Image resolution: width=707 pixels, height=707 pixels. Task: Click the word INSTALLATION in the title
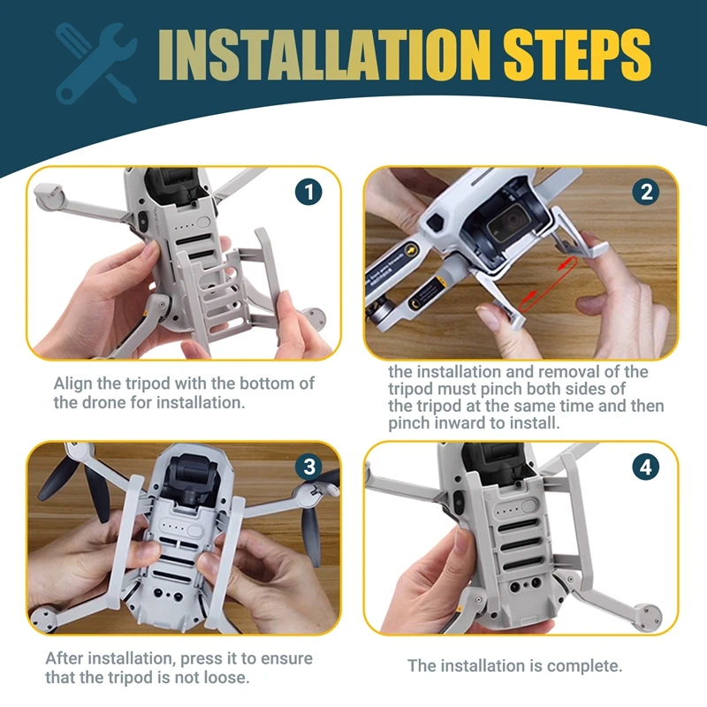[322, 56]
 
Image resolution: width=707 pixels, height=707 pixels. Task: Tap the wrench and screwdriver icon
[95, 59]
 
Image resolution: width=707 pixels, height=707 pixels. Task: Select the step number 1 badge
[308, 192]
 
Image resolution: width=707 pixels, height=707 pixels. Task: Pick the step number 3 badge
[308, 468]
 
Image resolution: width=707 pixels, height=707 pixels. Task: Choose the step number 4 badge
[646, 468]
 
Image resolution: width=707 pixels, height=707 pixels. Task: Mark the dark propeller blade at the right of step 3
[311, 530]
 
